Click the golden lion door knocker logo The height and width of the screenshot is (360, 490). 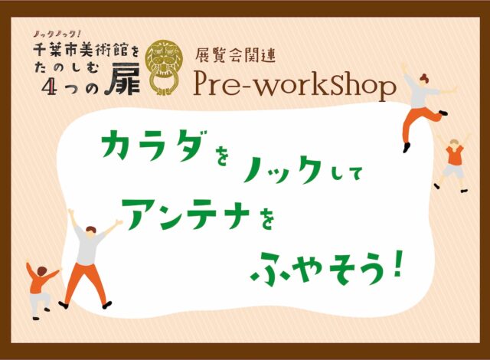point(163,67)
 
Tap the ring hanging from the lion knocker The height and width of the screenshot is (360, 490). point(163,82)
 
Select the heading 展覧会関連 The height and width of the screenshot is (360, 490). point(235,56)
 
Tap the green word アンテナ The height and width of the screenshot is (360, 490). point(186,214)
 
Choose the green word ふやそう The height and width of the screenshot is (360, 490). point(317,270)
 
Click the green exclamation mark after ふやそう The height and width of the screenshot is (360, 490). point(397,267)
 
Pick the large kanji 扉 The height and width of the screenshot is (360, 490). point(125,82)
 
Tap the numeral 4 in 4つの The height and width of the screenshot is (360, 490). point(50,87)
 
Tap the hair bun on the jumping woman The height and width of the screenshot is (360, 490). point(423,77)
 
